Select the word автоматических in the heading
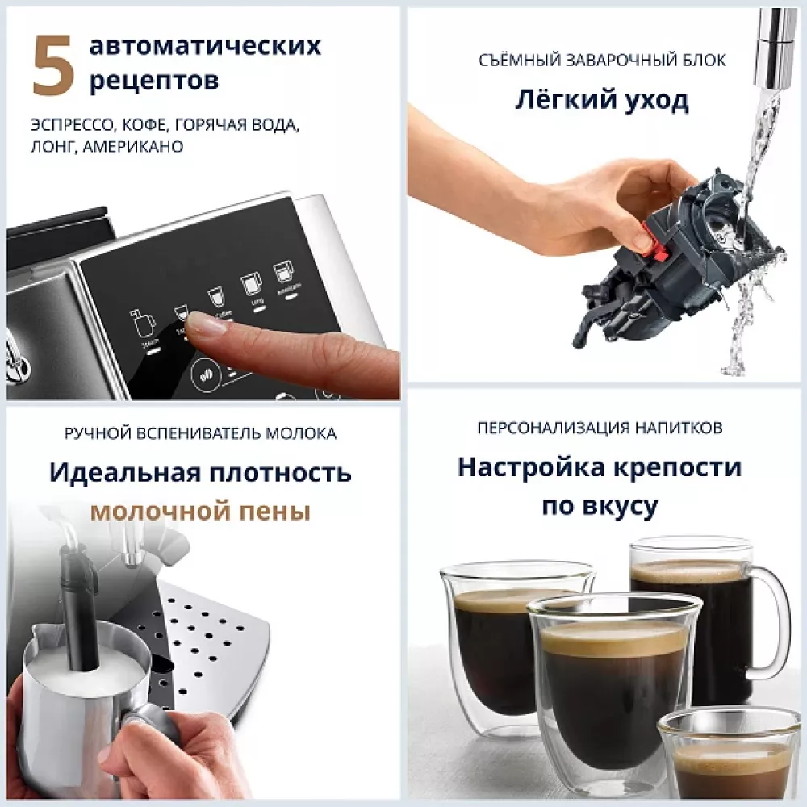click(x=205, y=46)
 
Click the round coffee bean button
click(x=207, y=375)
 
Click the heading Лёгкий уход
click(x=601, y=101)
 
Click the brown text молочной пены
click(x=200, y=511)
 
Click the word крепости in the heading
click(x=682, y=467)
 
